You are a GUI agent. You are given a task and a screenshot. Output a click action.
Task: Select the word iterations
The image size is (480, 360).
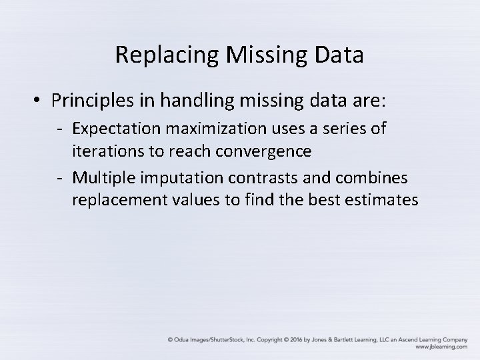(107, 151)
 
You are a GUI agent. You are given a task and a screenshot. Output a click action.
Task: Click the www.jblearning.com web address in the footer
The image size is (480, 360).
(440, 347)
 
